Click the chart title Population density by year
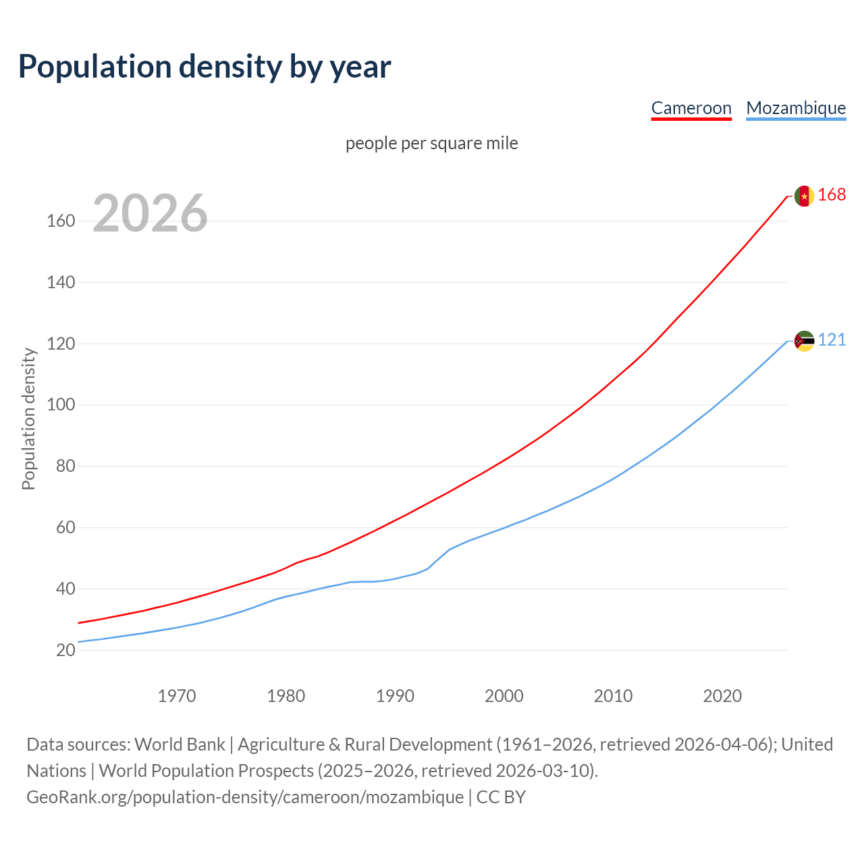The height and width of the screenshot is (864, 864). (x=205, y=67)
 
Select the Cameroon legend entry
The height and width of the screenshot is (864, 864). (x=691, y=108)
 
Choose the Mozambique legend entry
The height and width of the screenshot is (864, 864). (x=796, y=108)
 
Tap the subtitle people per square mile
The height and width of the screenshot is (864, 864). (x=431, y=143)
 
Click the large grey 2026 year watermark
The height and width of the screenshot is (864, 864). (x=150, y=213)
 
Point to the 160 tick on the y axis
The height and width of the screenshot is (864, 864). (x=60, y=221)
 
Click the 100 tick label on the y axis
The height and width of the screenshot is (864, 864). (x=60, y=405)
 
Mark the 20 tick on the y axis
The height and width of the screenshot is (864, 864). (x=65, y=650)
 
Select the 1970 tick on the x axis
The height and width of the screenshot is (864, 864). (x=177, y=695)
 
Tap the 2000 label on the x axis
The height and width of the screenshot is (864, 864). (x=504, y=695)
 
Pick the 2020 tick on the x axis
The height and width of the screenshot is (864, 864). (x=722, y=695)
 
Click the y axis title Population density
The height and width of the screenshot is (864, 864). (x=28, y=418)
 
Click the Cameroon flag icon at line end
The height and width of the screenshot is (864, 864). (x=804, y=196)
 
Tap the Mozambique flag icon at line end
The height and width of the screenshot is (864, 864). (x=804, y=341)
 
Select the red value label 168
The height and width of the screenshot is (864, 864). (x=832, y=195)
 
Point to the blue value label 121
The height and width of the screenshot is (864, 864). (x=832, y=340)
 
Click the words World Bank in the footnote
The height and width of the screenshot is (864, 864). (x=180, y=745)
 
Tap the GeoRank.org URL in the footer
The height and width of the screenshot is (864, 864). (x=245, y=797)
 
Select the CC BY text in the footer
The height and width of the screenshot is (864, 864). (x=501, y=797)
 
